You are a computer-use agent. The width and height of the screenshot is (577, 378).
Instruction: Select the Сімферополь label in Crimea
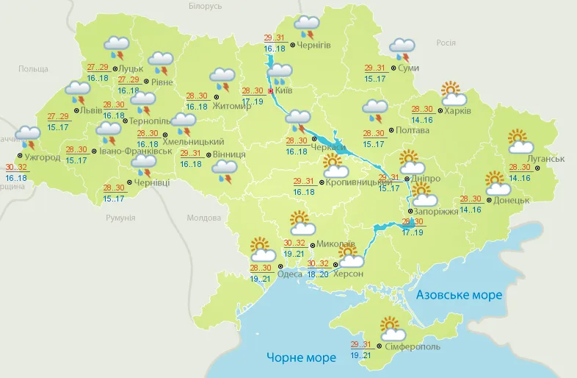(x=412, y=346)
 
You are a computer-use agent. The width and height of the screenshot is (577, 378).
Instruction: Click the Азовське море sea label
(x=459, y=295)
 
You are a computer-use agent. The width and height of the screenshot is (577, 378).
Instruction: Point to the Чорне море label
(x=301, y=357)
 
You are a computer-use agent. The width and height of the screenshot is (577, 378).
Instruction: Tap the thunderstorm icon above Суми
(x=402, y=49)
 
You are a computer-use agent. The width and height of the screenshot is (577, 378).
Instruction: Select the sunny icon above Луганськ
(x=520, y=141)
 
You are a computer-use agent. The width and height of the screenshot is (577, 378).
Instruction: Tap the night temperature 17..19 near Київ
(x=253, y=101)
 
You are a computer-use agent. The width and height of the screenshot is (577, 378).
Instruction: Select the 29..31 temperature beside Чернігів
(x=274, y=38)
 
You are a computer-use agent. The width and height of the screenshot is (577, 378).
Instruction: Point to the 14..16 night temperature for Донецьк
(x=471, y=210)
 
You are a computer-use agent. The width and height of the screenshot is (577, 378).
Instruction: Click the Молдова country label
(x=203, y=218)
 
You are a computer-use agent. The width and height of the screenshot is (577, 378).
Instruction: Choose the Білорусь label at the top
(x=204, y=6)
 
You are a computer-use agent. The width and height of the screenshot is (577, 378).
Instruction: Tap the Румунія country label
(x=120, y=218)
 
